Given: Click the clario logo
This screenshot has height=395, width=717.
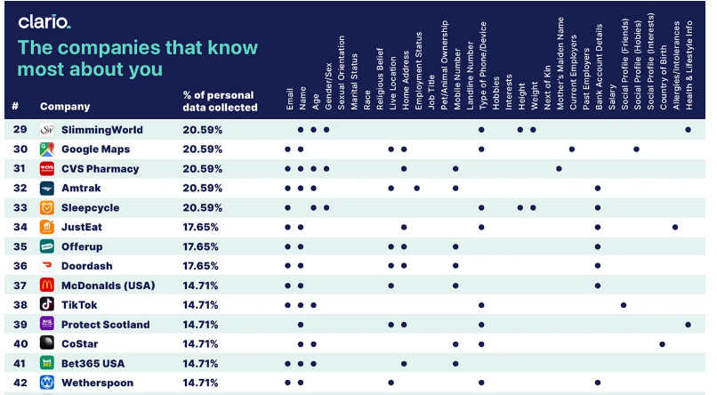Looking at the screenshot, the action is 44,21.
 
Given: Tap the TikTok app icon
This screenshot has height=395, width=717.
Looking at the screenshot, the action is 47,304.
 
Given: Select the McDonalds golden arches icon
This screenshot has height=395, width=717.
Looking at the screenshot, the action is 47,286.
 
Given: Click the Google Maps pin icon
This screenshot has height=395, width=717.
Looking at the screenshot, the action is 47,149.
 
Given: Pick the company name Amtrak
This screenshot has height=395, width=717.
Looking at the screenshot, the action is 81,188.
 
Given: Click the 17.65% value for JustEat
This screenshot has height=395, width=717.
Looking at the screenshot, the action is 200,227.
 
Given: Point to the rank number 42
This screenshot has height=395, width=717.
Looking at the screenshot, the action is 20,383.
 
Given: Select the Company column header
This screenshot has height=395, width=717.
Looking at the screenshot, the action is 65,107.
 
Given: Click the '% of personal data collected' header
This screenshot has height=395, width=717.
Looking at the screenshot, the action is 220,101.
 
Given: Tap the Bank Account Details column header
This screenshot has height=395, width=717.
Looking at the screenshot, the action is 599,67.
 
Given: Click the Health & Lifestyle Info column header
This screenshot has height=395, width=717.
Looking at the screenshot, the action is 689,65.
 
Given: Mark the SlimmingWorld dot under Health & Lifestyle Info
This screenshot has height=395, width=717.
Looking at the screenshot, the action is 689,130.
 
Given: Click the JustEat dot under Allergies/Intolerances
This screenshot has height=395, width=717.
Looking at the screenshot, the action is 675,227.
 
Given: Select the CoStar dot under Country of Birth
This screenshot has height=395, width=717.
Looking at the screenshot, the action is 662,344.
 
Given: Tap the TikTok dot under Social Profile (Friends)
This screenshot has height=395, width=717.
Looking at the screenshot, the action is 624,305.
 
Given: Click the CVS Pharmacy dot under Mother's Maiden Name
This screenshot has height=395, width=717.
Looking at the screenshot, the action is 559,169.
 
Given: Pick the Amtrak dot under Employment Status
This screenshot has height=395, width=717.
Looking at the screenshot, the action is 416,188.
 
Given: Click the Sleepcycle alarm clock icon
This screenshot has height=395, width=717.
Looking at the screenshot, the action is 47,207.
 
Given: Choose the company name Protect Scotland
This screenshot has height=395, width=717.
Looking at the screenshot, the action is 106,325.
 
